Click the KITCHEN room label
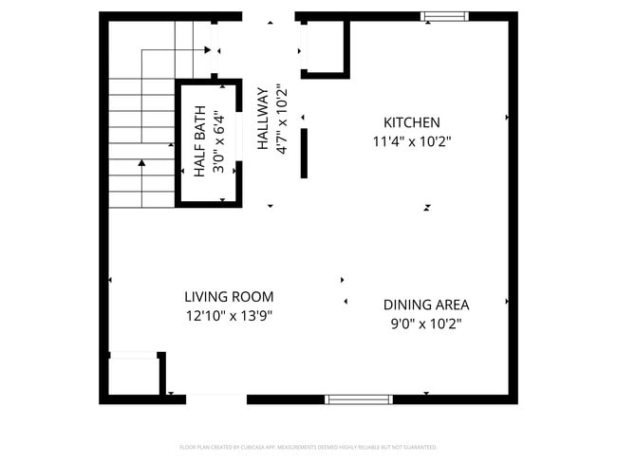[x=411, y=122]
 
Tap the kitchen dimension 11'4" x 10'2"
[x=411, y=141]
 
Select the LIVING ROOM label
[x=229, y=296]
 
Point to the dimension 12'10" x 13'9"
[x=229, y=315]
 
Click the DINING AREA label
[x=425, y=305]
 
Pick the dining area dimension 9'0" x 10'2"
[x=425, y=324]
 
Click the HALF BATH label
[x=200, y=142]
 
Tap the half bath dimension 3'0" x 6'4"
[x=218, y=142]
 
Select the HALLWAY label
[x=263, y=120]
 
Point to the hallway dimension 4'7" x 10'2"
[x=281, y=120]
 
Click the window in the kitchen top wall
[x=444, y=16]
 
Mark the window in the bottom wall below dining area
[x=359, y=399]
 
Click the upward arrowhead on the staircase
[x=141, y=164]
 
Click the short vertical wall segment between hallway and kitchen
[x=304, y=154]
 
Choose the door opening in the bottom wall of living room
[x=216, y=398]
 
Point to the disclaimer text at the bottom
[x=308, y=447]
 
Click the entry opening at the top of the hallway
[x=270, y=17]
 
